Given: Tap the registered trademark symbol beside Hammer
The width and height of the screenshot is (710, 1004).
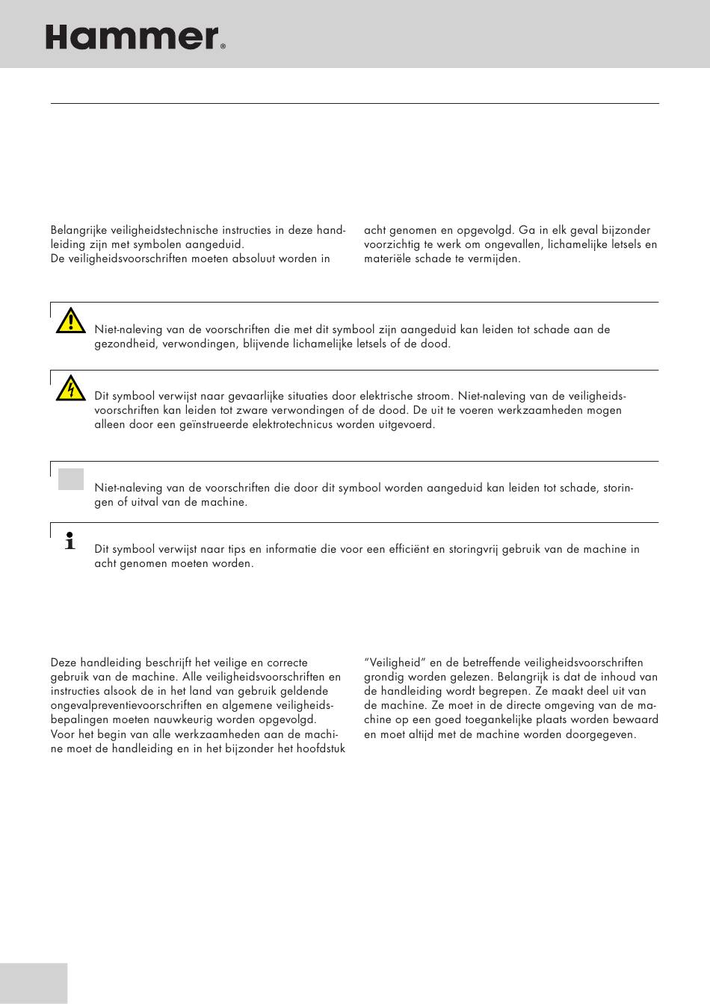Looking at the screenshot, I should tap(223, 46).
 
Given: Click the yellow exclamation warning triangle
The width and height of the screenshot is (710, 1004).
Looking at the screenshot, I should tap(70, 320).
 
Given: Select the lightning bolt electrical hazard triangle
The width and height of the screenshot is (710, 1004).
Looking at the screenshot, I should tap(70, 388).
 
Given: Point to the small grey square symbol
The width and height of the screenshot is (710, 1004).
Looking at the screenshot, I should tap(71, 479).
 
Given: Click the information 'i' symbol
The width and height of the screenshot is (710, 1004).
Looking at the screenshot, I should tap(70, 541).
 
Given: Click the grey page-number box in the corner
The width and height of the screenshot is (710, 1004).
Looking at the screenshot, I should tap(34, 983).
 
